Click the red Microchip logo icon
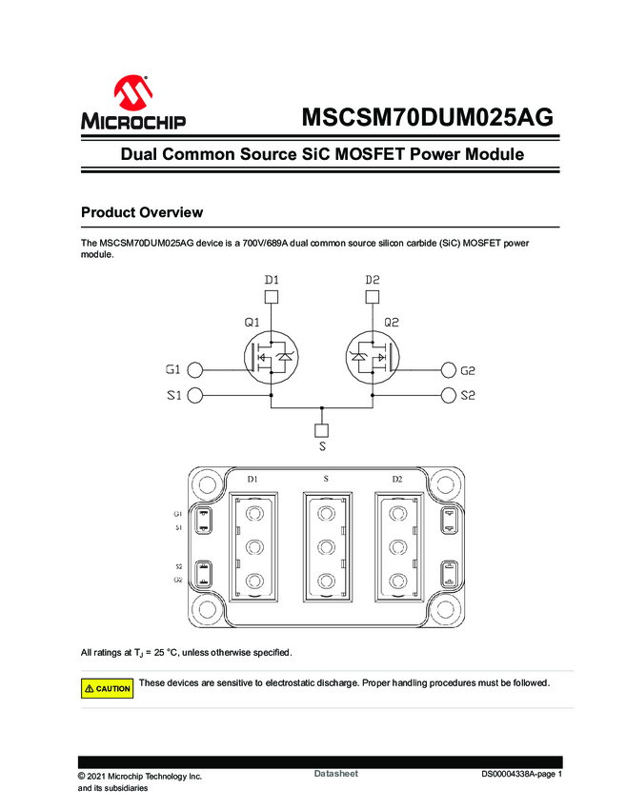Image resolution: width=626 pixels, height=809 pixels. pyautogui.click(x=132, y=93)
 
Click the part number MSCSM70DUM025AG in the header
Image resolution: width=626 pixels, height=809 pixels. pyautogui.click(x=427, y=117)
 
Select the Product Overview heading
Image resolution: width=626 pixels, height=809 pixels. pyautogui.click(x=141, y=211)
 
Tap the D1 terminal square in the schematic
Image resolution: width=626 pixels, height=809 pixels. pyautogui.click(x=272, y=297)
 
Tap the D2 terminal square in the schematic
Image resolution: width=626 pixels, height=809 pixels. pyautogui.click(x=373, y=297)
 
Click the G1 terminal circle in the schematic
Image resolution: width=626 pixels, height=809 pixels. pyautogui.click(x=195, y=370)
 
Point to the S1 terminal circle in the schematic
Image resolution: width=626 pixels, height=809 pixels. pyautogui.click(x=195, y=395)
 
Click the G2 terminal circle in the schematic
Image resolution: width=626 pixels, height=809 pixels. pyautogui.click(x=448, y=370)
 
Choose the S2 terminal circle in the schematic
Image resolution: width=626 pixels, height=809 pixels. pyautogui.click(x=448, y=395)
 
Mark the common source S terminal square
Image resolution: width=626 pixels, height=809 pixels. pyautogui.click(x=322, y=427)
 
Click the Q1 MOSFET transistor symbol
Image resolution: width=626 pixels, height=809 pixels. pyautogui.click(x=273, y=357)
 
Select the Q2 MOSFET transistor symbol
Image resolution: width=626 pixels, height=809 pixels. pyautogui.click(x=372, y=357)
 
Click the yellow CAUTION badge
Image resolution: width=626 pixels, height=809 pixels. pyautogui.click(x=108, y=688)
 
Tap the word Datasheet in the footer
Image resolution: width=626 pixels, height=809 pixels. pyautogui.click(x=335, y=775)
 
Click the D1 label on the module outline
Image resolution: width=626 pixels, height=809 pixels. pyautogui.click(x=252, y=478)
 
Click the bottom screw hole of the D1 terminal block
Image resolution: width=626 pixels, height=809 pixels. pyautogui.click(x=253, y=581)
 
